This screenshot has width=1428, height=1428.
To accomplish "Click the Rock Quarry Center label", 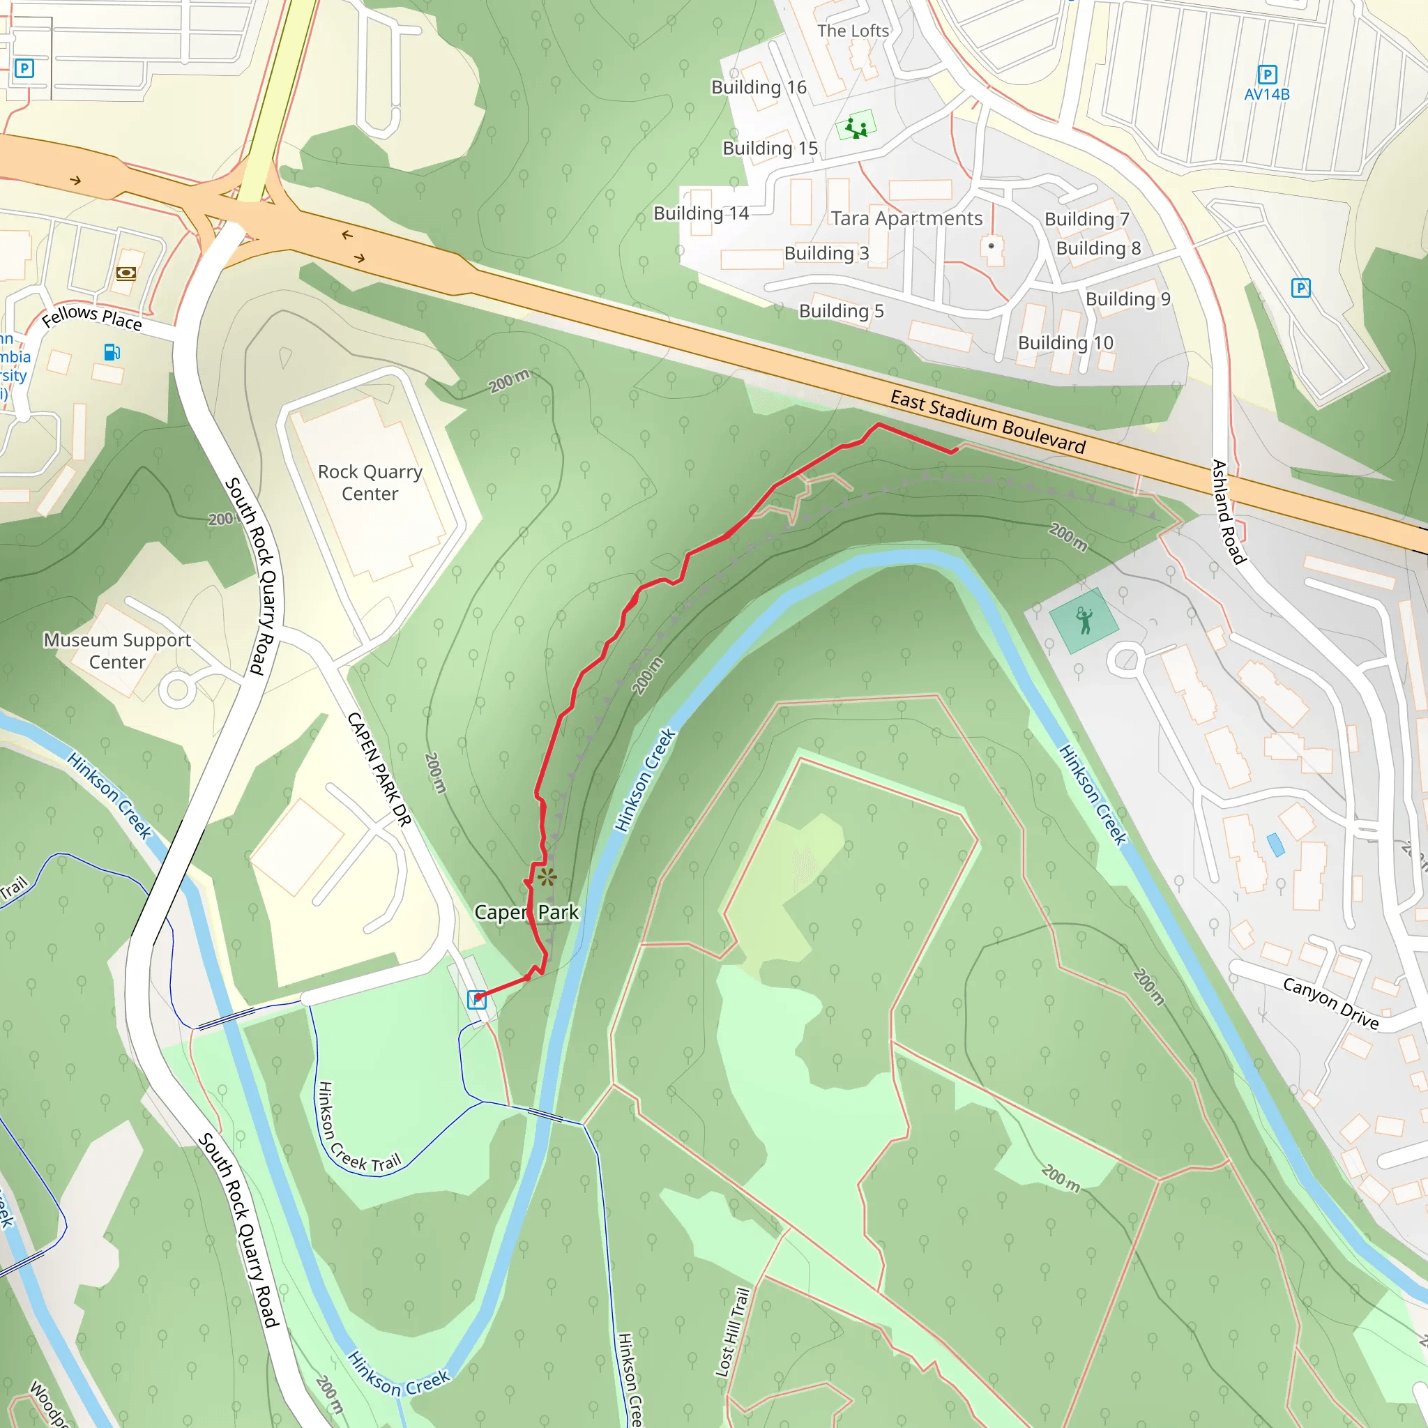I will coord(370,483).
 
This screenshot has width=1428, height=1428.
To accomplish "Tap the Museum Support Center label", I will coord(118,651).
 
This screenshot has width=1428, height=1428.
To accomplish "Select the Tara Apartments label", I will coord(906,218).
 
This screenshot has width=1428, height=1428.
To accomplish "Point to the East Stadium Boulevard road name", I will coord(987,422).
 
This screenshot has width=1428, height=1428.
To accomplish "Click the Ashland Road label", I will coord(1229,512).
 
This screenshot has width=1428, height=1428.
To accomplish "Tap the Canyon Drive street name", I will coord(1330,1003).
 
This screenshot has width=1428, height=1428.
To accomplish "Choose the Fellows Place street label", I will coord(91,317).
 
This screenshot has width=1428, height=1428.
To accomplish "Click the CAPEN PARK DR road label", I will coord(379,768).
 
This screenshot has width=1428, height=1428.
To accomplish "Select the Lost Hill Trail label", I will coord(733,1332).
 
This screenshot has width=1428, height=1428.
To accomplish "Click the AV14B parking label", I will coord(1267,95).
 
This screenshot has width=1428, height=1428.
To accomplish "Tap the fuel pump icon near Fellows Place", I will coord(112,353).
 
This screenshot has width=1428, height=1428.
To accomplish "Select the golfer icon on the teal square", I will coord(1084,621).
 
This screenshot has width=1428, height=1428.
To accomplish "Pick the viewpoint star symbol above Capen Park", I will coord(547,877).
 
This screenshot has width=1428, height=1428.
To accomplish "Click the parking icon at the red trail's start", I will coord(477,1000).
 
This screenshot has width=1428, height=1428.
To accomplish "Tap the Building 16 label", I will coord(759,87).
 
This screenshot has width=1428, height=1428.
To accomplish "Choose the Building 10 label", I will coord(1065,343).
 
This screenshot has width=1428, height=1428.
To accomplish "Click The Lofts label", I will coord(853,31).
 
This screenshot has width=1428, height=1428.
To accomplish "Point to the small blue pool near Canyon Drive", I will coord(1275,845).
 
